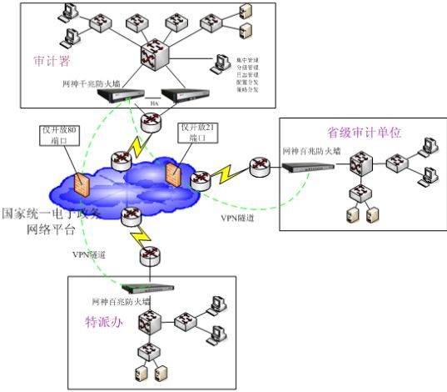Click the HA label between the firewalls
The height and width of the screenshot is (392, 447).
[x=153, y=103]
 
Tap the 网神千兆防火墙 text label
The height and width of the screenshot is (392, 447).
[x=91, y=84]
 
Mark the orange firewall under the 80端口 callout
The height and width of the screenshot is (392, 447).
[x=81, y=182]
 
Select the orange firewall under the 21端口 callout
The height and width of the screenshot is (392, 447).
[x=173, y=173]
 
